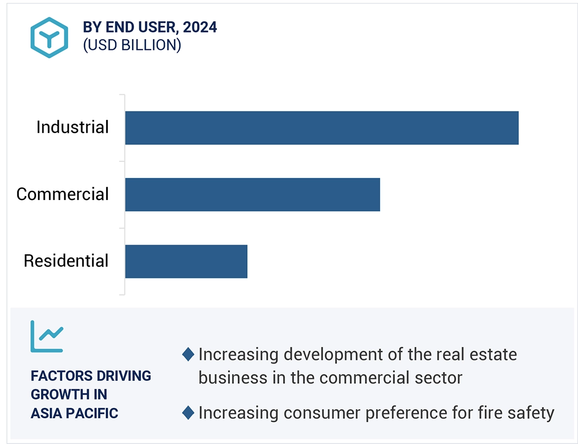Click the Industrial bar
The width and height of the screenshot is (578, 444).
coord(321,128)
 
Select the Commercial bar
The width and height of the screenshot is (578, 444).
coord(252,195)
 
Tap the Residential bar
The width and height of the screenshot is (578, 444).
coord(186,261)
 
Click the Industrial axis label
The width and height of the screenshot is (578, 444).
coord(72,127)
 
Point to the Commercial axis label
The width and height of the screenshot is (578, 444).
coord(62,194)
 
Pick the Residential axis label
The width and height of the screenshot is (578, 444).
coord(66,261)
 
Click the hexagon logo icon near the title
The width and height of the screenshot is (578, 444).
coord(48,38)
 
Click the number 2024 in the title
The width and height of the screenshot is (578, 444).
coord(200,27)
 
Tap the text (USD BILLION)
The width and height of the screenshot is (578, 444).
coord(132,45)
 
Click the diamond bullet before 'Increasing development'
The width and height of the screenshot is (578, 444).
coord(188,354)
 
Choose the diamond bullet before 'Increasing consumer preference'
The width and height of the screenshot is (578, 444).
coord(188,412)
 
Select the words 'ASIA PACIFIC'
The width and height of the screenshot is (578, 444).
coord(74,413)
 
